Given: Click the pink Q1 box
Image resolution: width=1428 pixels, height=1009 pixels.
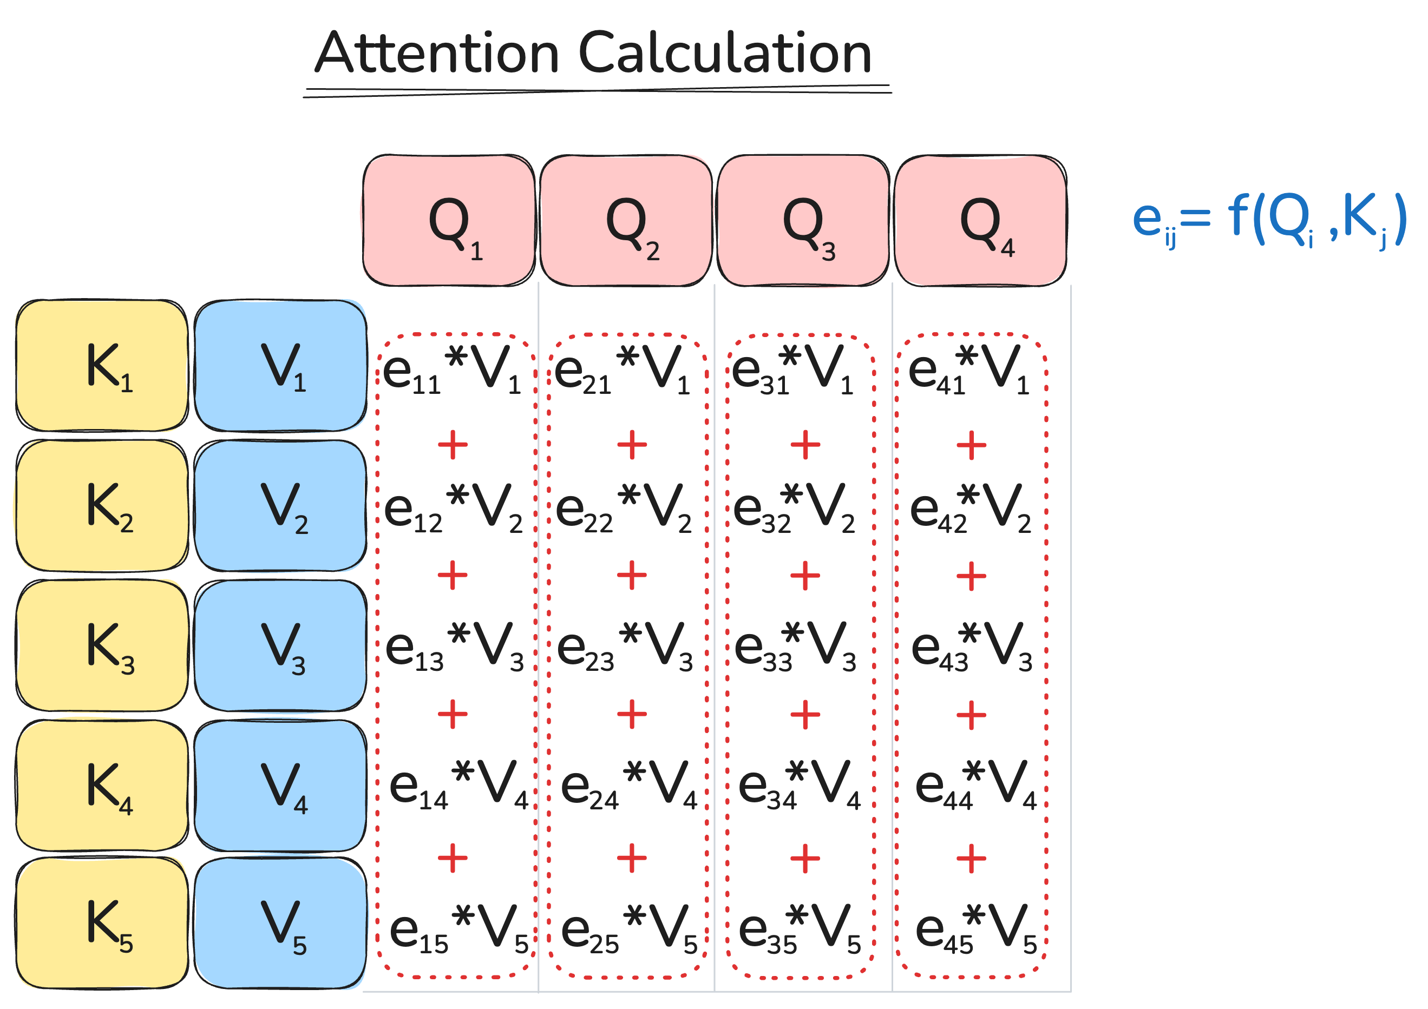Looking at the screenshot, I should point(448,221).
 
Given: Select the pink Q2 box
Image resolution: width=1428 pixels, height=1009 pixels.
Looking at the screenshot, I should point(626,221).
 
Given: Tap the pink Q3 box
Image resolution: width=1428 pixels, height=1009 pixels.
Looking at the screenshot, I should point(803,221).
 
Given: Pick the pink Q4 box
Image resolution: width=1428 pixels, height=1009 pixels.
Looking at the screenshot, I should point(980,221).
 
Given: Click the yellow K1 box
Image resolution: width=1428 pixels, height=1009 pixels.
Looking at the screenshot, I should point(102,366).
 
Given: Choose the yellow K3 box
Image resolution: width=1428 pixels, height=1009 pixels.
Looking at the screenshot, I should point(102,645).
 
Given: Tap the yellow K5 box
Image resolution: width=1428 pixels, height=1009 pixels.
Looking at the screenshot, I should point(102,922).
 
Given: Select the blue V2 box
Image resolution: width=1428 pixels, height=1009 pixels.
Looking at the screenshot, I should point(280,505).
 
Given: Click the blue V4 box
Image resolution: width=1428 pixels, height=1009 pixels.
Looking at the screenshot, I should point(280,785).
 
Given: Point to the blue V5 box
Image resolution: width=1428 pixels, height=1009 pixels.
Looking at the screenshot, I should point(280,922).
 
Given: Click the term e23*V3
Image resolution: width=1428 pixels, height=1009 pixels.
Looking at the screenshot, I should point(625,648).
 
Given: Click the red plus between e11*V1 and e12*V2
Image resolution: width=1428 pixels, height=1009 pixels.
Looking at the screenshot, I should point(453,445).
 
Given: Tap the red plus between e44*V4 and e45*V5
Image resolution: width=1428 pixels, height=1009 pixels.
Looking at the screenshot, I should point(972,859).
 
